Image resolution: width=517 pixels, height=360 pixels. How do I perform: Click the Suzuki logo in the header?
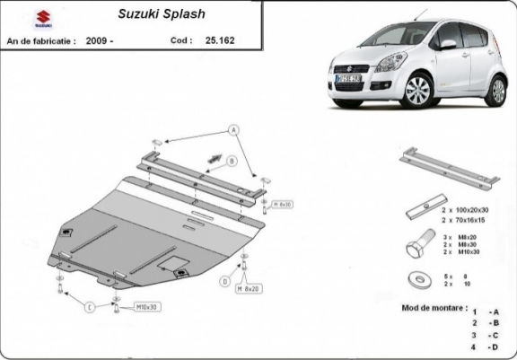[x=20, y=17]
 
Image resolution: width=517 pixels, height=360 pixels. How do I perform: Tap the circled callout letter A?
[x=234, y=130]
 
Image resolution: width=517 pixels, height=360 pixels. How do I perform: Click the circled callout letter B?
[x=231, y=162]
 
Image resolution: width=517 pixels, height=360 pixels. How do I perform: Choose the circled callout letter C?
[x=90, y=308]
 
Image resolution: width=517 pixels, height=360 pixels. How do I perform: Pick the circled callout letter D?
[x=223, y=281]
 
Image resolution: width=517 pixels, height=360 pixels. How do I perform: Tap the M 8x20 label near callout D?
[x=248, y=289]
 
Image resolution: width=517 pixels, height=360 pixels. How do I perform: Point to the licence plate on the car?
[x=348, y=80]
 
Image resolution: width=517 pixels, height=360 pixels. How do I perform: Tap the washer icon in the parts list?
[x=416, y=278]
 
